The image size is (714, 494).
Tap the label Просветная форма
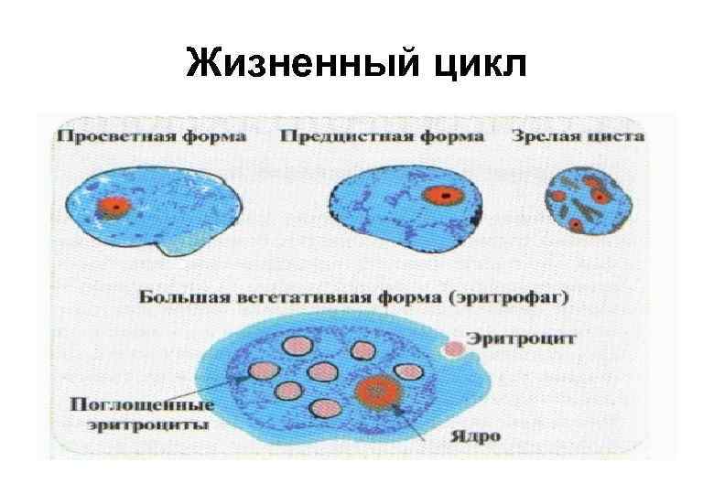pyautogui.click(x=152, y=136)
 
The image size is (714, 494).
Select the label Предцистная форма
pyautogui.click(x=382, y=136)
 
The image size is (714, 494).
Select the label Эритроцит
pyautogui.click(x=521, y=338)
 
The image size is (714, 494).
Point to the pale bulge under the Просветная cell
pyautogui.click(x=188, y=242)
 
